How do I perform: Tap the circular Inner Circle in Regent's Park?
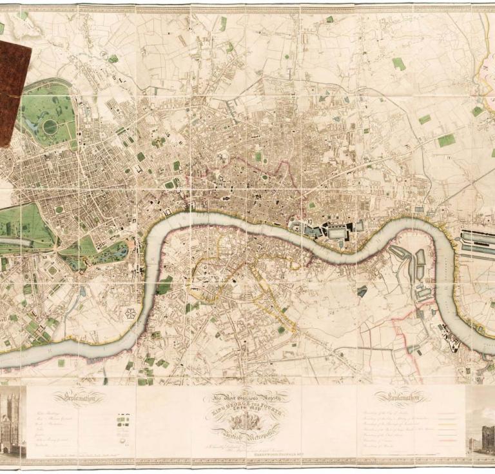[50, 127]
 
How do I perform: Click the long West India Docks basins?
[478, 242]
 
